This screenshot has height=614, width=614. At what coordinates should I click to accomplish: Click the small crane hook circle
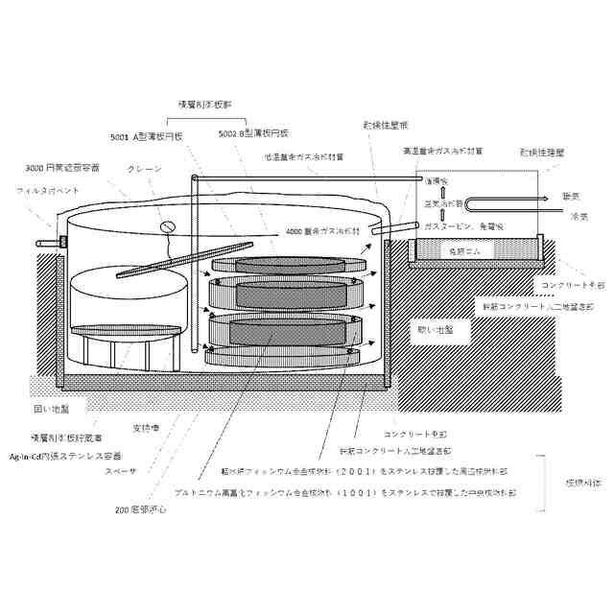[165, 226]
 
